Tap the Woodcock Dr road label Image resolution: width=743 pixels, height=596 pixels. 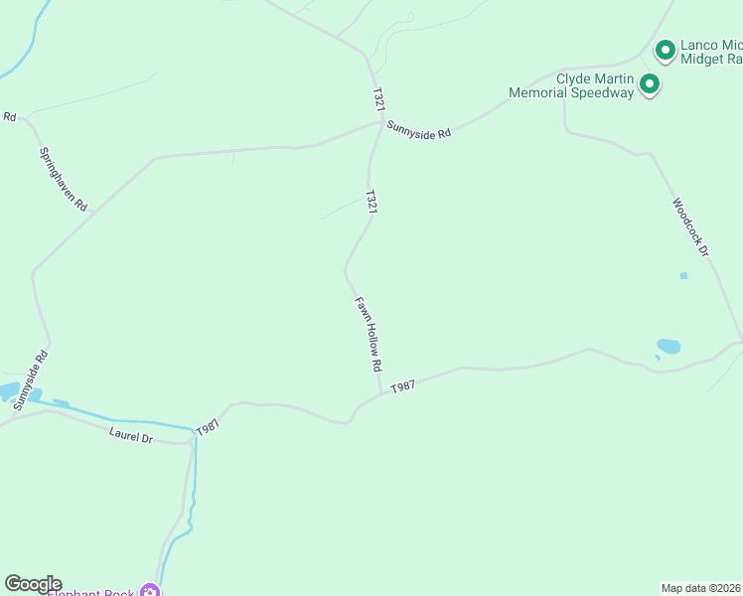(689, 228)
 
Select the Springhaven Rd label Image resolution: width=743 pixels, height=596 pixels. (63, 179)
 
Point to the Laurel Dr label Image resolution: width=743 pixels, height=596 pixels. (132, 434)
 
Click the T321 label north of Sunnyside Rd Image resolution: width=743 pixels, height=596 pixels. (377, 98)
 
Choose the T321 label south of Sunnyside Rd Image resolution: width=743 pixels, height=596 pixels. (371, 202)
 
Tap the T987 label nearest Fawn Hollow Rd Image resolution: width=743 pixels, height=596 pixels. (402, 386)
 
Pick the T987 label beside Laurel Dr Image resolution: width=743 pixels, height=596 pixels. (208, 427)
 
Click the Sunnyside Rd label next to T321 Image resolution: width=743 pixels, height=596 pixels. (419, 130)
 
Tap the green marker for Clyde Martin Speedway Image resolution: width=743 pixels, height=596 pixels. (650, 84)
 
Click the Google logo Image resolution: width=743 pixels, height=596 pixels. (33, 584)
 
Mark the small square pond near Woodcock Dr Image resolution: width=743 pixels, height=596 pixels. (683, 275)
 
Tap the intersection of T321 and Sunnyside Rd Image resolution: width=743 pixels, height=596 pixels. (381, 123)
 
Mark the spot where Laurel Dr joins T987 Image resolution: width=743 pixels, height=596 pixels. (192, 442)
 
